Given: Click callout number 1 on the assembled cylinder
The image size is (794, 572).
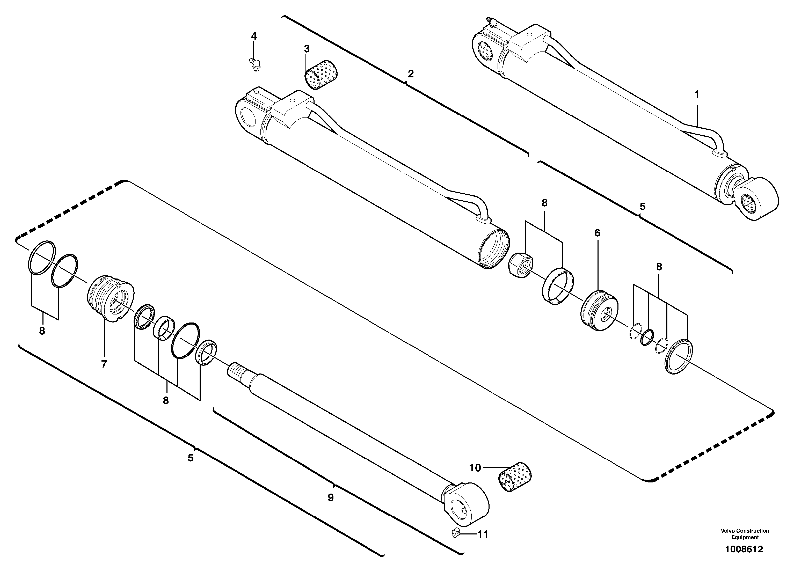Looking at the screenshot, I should point(696,94).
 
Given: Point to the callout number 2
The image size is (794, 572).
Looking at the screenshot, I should point(410,74).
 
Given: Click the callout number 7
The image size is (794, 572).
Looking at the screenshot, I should point(104,364).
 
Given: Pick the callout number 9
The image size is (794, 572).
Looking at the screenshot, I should point(331,497).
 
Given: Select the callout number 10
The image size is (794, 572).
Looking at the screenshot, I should point(475,468).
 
